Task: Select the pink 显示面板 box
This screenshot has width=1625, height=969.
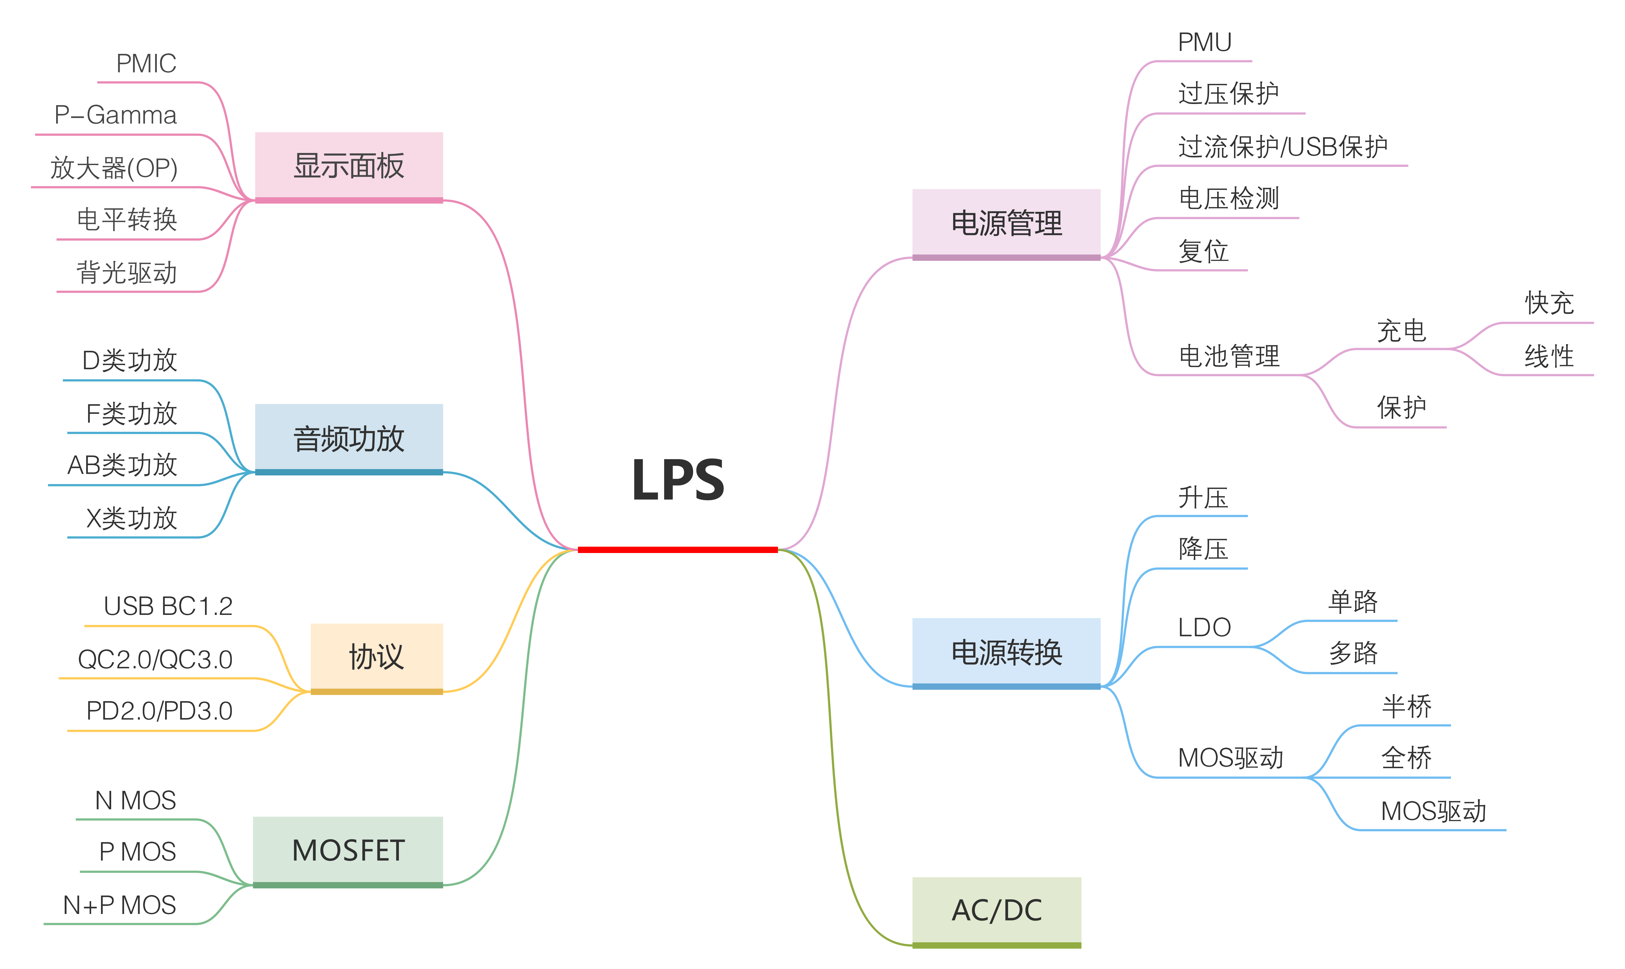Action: tap(349, 166)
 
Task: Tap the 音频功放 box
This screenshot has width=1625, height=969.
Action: tap(349, 438)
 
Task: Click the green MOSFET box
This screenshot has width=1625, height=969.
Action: tap(348, 850)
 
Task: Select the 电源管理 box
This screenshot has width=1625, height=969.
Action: tap(1006, 223)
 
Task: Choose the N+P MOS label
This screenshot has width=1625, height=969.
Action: tap(119, 905)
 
